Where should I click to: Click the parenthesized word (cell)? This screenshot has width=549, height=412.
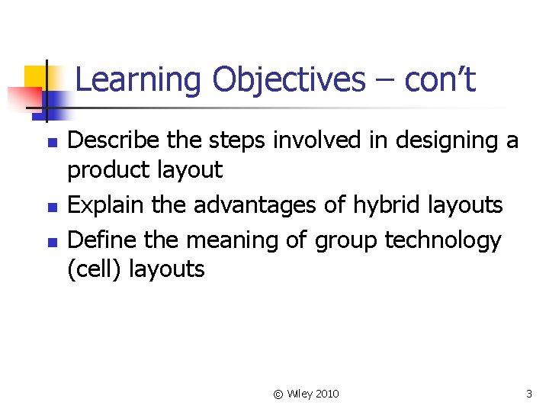[95, 269]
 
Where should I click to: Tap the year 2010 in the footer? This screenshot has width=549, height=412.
[327, 394]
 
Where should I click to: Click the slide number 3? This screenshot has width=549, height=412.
[528, 394]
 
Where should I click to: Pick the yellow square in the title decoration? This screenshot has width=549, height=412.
[35, 76]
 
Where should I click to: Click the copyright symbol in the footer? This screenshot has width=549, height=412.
[278, 394]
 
